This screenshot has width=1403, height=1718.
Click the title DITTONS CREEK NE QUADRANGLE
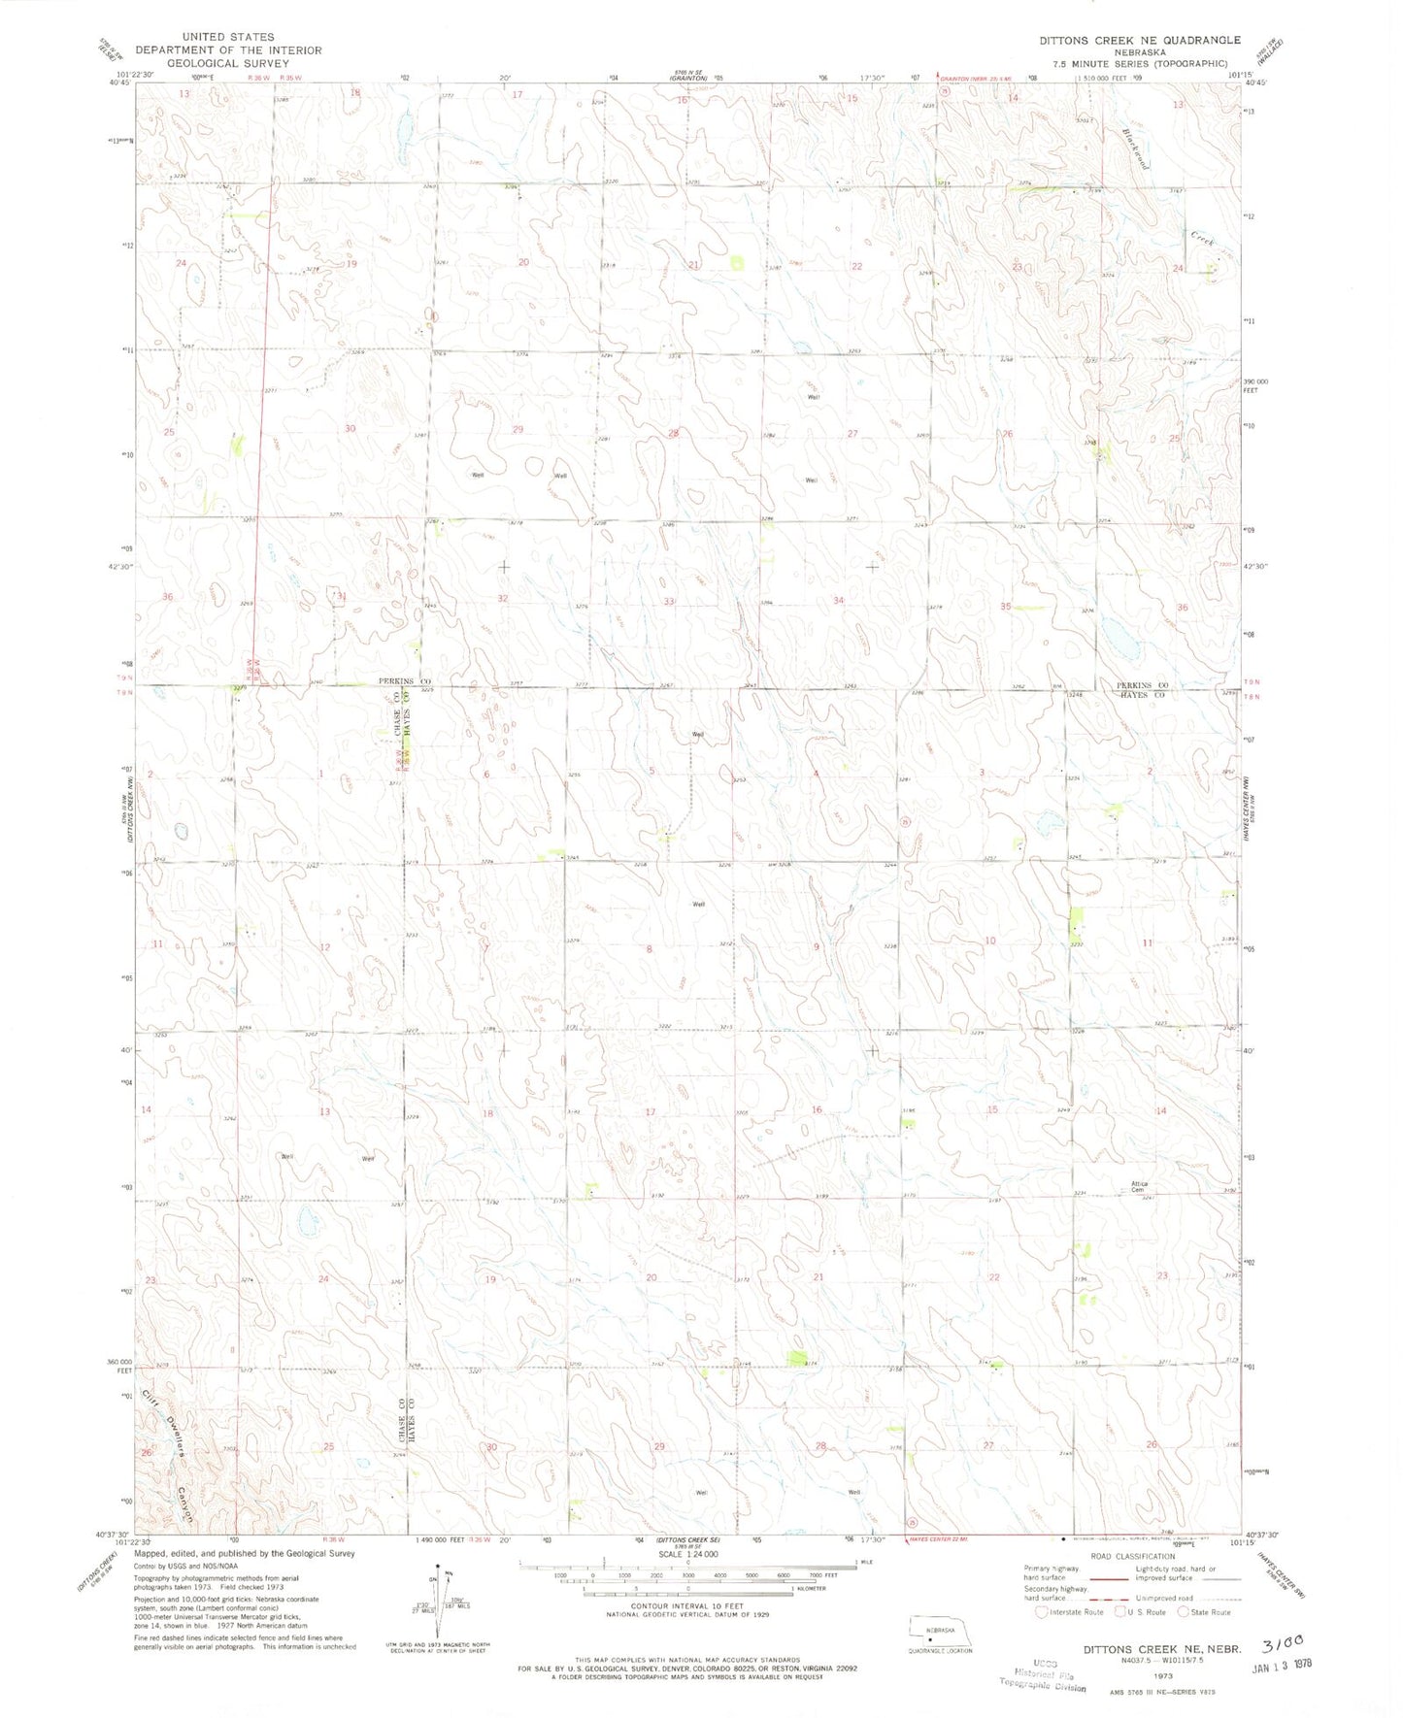point(1139,40)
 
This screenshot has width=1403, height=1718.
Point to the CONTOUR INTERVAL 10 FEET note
point(687,1606)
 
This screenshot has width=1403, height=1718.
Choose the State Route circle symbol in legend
point(1183,1612)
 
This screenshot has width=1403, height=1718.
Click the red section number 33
point(669,602)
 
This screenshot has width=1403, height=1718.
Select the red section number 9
point(817,946)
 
